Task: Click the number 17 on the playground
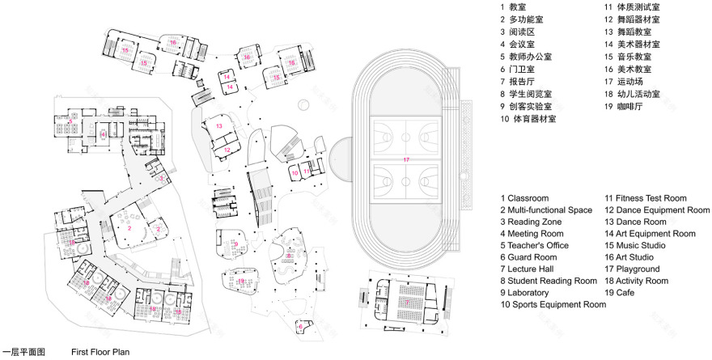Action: pos(406,160)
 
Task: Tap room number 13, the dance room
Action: pos(218,127)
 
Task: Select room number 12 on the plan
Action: pos(227,150)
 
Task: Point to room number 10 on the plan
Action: pos(295,172)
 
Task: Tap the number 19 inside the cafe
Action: pos(241,280)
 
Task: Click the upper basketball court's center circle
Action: pos(406,131)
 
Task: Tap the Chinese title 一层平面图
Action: pos(25,353)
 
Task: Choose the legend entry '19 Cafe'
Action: pos(627,292)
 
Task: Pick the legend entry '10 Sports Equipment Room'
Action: pos(553,304)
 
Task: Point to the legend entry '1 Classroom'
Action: pos(525,197)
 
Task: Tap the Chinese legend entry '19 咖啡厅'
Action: pos(627,105)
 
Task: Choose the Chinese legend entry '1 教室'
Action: pos(515,6)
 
